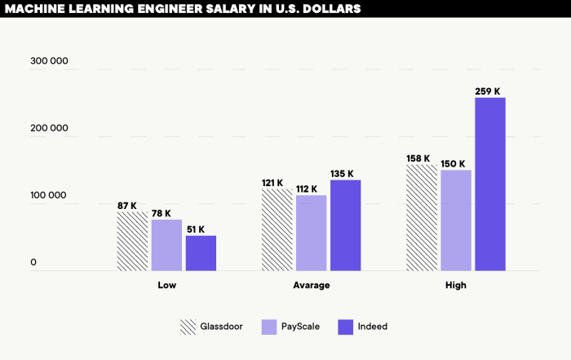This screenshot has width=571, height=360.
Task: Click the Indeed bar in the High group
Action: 490,184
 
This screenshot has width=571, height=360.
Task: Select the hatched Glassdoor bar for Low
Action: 133,241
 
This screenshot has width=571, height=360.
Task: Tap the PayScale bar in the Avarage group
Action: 311,233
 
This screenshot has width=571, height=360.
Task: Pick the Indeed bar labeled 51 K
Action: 201,253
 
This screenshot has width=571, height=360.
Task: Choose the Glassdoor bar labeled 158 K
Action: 422,217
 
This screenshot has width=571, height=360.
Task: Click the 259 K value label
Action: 488,91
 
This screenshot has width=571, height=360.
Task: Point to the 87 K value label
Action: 127,206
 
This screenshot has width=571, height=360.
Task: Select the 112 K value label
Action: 307,189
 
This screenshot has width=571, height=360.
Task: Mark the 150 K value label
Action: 452,163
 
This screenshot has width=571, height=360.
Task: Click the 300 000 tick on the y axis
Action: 50,62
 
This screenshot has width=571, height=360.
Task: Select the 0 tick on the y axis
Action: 34,263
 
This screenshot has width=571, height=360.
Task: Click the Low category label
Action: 166,286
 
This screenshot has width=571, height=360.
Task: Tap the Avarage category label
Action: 311,286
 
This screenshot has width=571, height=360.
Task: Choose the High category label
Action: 456,286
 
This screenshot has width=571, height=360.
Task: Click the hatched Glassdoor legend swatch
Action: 188,327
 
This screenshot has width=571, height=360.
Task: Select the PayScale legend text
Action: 301,327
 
